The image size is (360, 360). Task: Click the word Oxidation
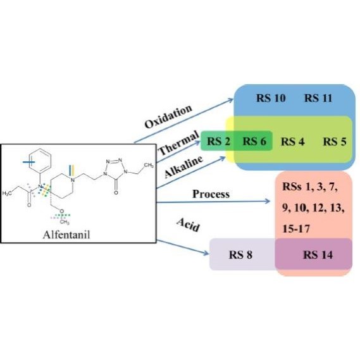tap(168, 116)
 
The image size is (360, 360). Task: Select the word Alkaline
tap(183, 166)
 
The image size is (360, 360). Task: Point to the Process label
tap(211, 194)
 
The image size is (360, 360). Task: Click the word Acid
tap(188, 225)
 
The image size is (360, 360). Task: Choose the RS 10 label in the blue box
tap(271, 98)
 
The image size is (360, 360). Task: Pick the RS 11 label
tap(318, 98)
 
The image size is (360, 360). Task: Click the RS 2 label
tap(218, 141)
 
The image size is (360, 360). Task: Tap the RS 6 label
tap(254, 141)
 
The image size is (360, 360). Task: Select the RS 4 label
tap(293, 142)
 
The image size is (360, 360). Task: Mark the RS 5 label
tap(335, 142)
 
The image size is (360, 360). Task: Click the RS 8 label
tap(240, 254)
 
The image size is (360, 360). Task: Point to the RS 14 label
tap(318, 254)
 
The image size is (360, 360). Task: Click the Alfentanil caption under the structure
tap(66, 235)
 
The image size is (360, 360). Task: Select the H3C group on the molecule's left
tap(7, 194)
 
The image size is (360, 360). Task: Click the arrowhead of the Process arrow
tap(267, 201)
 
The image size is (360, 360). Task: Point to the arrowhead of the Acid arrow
tap(206, 252)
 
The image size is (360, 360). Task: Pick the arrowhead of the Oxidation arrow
tap(230, 100)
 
